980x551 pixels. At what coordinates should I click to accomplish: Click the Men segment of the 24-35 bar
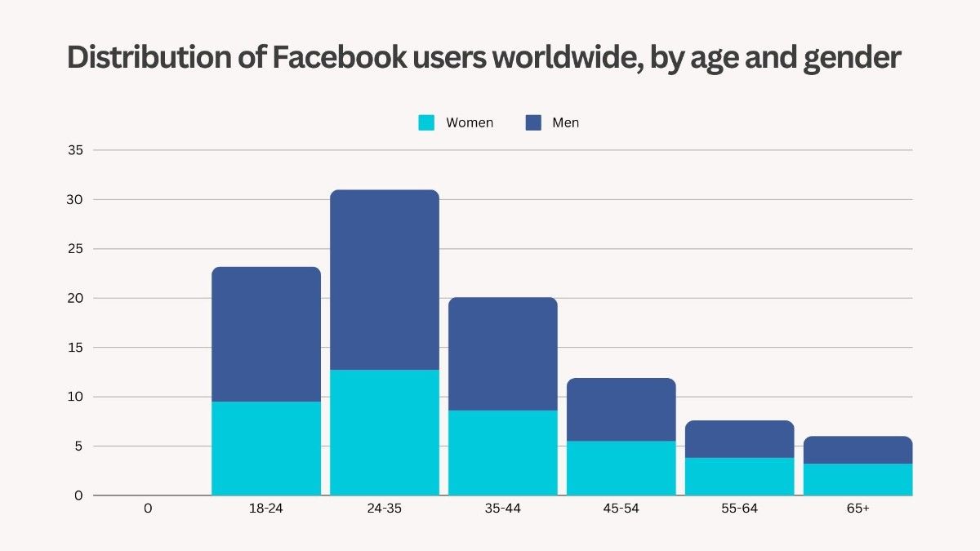point(385,279)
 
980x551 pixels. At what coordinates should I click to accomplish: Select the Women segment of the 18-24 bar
point(266,448)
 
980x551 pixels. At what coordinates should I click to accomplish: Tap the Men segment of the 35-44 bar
point(503,353)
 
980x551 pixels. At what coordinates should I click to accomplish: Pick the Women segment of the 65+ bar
point(857,479)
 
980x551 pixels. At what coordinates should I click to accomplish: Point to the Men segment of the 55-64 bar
point(739,439)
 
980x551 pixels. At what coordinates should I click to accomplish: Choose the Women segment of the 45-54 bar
point(621,468)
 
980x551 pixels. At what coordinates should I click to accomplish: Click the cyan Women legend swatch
point(426,122)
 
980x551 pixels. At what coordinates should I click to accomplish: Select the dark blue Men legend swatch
point(533,122)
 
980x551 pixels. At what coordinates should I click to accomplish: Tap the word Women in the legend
point(470,122)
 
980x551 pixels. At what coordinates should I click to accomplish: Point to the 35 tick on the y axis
point(75,150)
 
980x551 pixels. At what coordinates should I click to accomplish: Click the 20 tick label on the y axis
point(75,298)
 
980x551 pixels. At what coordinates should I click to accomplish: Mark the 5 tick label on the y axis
point(78,446)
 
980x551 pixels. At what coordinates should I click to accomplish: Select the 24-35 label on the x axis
point(385,509)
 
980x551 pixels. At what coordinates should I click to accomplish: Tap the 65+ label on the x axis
point(857,509)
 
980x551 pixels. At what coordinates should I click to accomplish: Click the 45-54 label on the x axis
point(621,509)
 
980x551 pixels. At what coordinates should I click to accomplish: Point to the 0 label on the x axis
point(148,509)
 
